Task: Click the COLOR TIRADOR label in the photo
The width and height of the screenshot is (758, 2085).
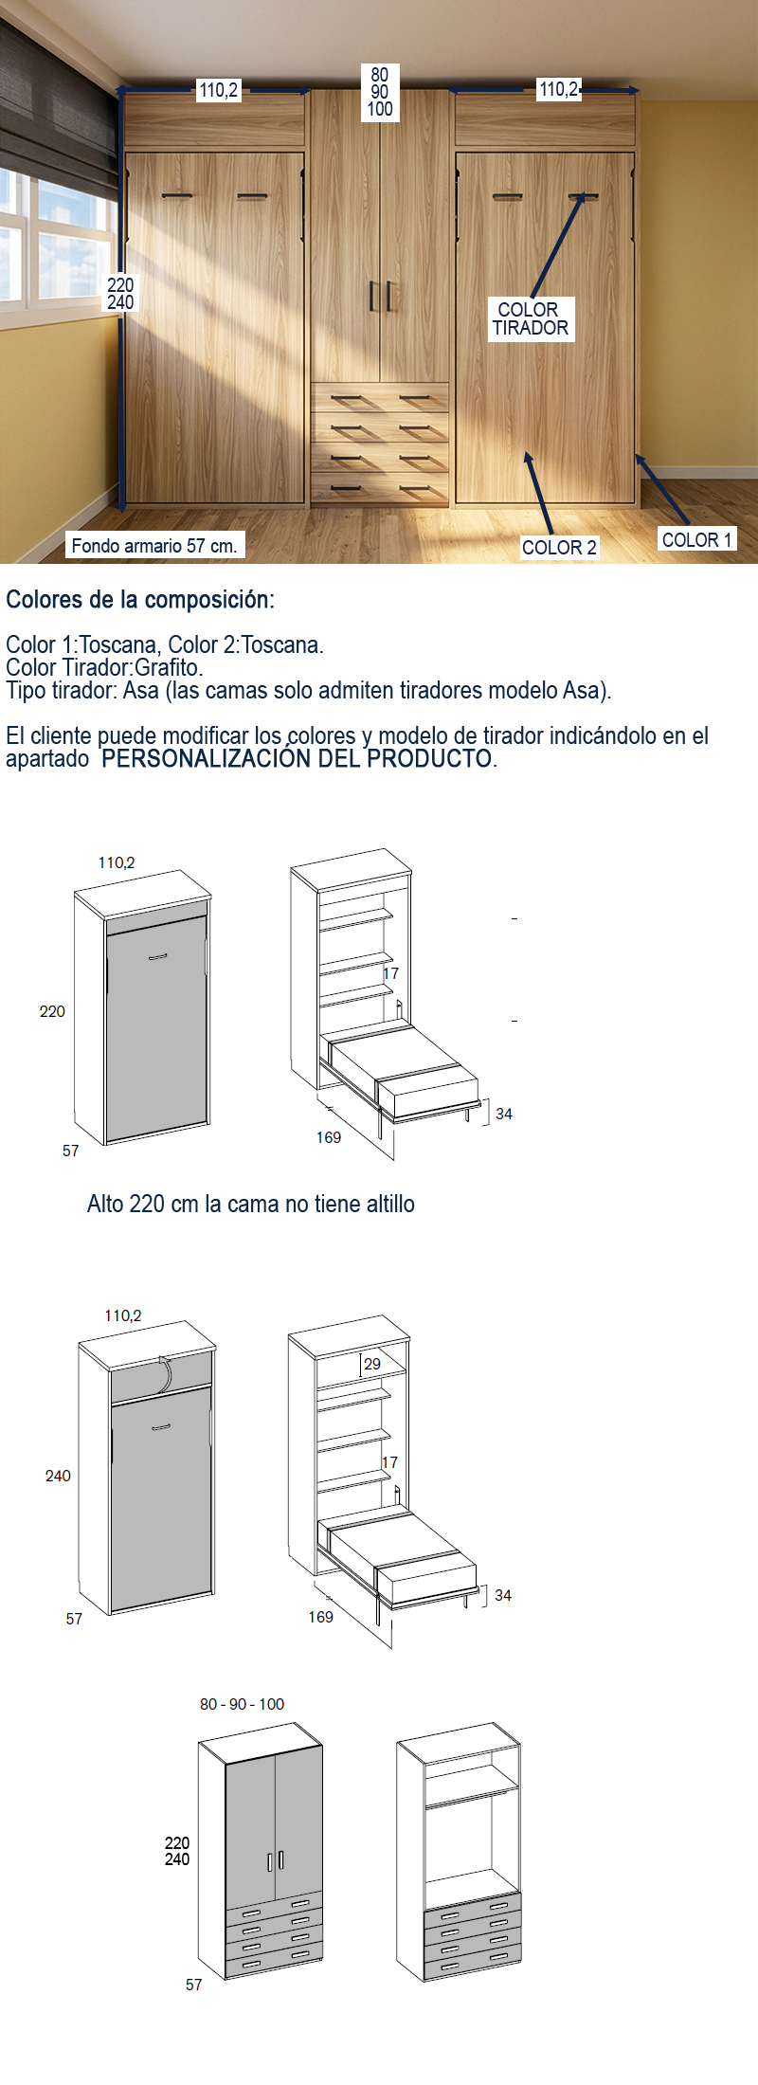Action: [x=531, y=318]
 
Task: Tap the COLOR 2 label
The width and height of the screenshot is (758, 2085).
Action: [x=559, y=548]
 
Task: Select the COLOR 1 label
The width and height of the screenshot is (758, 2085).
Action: [x=696, y=539]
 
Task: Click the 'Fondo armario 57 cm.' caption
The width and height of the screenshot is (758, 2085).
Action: [x=154, y=545]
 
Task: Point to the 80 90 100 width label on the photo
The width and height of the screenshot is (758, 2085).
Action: [x=379, y=92]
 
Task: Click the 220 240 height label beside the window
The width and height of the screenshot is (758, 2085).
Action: [x=120, y=294]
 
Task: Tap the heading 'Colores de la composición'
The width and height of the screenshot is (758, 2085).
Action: [x=139, y=600]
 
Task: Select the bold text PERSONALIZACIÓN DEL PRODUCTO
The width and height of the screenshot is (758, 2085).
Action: [x=298, y=759]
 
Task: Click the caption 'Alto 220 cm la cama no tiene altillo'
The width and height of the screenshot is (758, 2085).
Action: [x=251, y=1204]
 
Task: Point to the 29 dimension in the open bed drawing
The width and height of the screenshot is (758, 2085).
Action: [x=372, y=1364]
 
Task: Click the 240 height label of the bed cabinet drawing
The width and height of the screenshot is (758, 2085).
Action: [x=58, y=1476]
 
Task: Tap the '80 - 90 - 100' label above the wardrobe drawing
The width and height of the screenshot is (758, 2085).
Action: [x=242, y=1704]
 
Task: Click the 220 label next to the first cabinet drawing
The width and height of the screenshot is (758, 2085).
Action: [x=52, y=1011]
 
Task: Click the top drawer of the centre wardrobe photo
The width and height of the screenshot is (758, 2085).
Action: [x=380, y=399]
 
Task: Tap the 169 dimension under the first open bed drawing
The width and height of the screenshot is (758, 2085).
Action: [x=329, y=1137]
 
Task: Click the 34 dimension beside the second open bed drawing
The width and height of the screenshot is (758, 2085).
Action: [x=503, y=1595]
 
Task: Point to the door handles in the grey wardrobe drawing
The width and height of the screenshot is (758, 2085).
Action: [x=276, y=1860]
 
